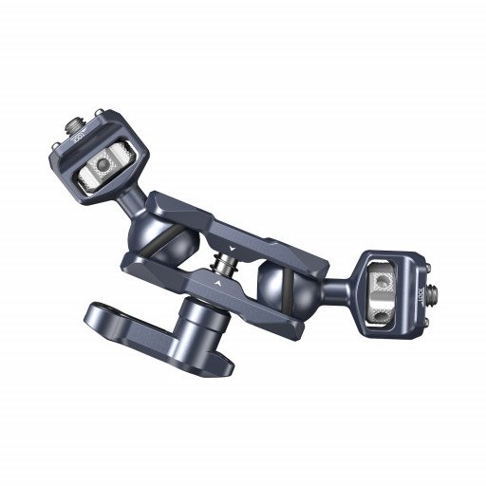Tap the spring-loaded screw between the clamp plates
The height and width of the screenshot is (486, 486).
tap(227, 256)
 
